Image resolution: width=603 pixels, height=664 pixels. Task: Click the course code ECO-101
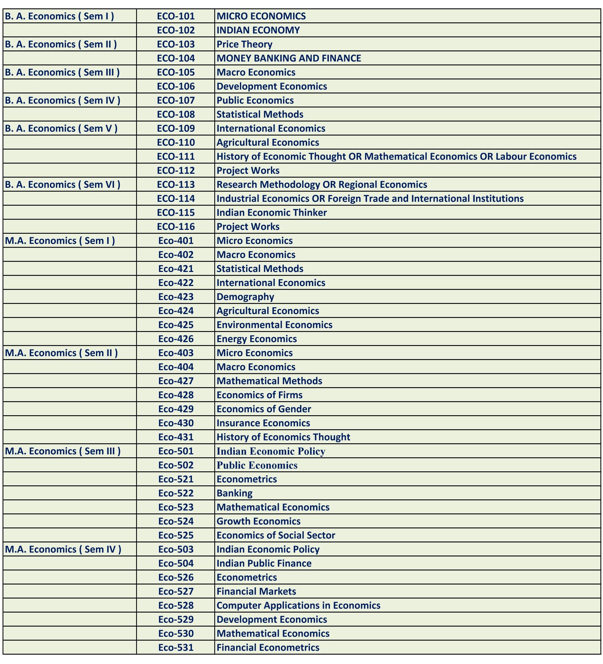[x=176, y=16]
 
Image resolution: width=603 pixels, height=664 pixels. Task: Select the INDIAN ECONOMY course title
[x=258, y=30]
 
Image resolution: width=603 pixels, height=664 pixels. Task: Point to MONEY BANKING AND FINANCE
[x=288, y=58]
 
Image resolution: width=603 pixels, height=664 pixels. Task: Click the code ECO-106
[x=176, y=86]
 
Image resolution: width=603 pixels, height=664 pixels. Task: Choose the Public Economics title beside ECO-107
[x=255, y=100]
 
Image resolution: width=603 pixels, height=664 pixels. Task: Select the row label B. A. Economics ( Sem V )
[x=61, y=128]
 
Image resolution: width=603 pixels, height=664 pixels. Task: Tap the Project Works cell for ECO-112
[x=248, y=171]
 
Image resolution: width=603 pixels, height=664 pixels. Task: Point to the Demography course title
[x=245, y=297]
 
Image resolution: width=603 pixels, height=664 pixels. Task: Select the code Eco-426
[x=176, y=339]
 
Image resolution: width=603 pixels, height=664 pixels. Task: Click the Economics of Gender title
[x=264, y=409]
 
